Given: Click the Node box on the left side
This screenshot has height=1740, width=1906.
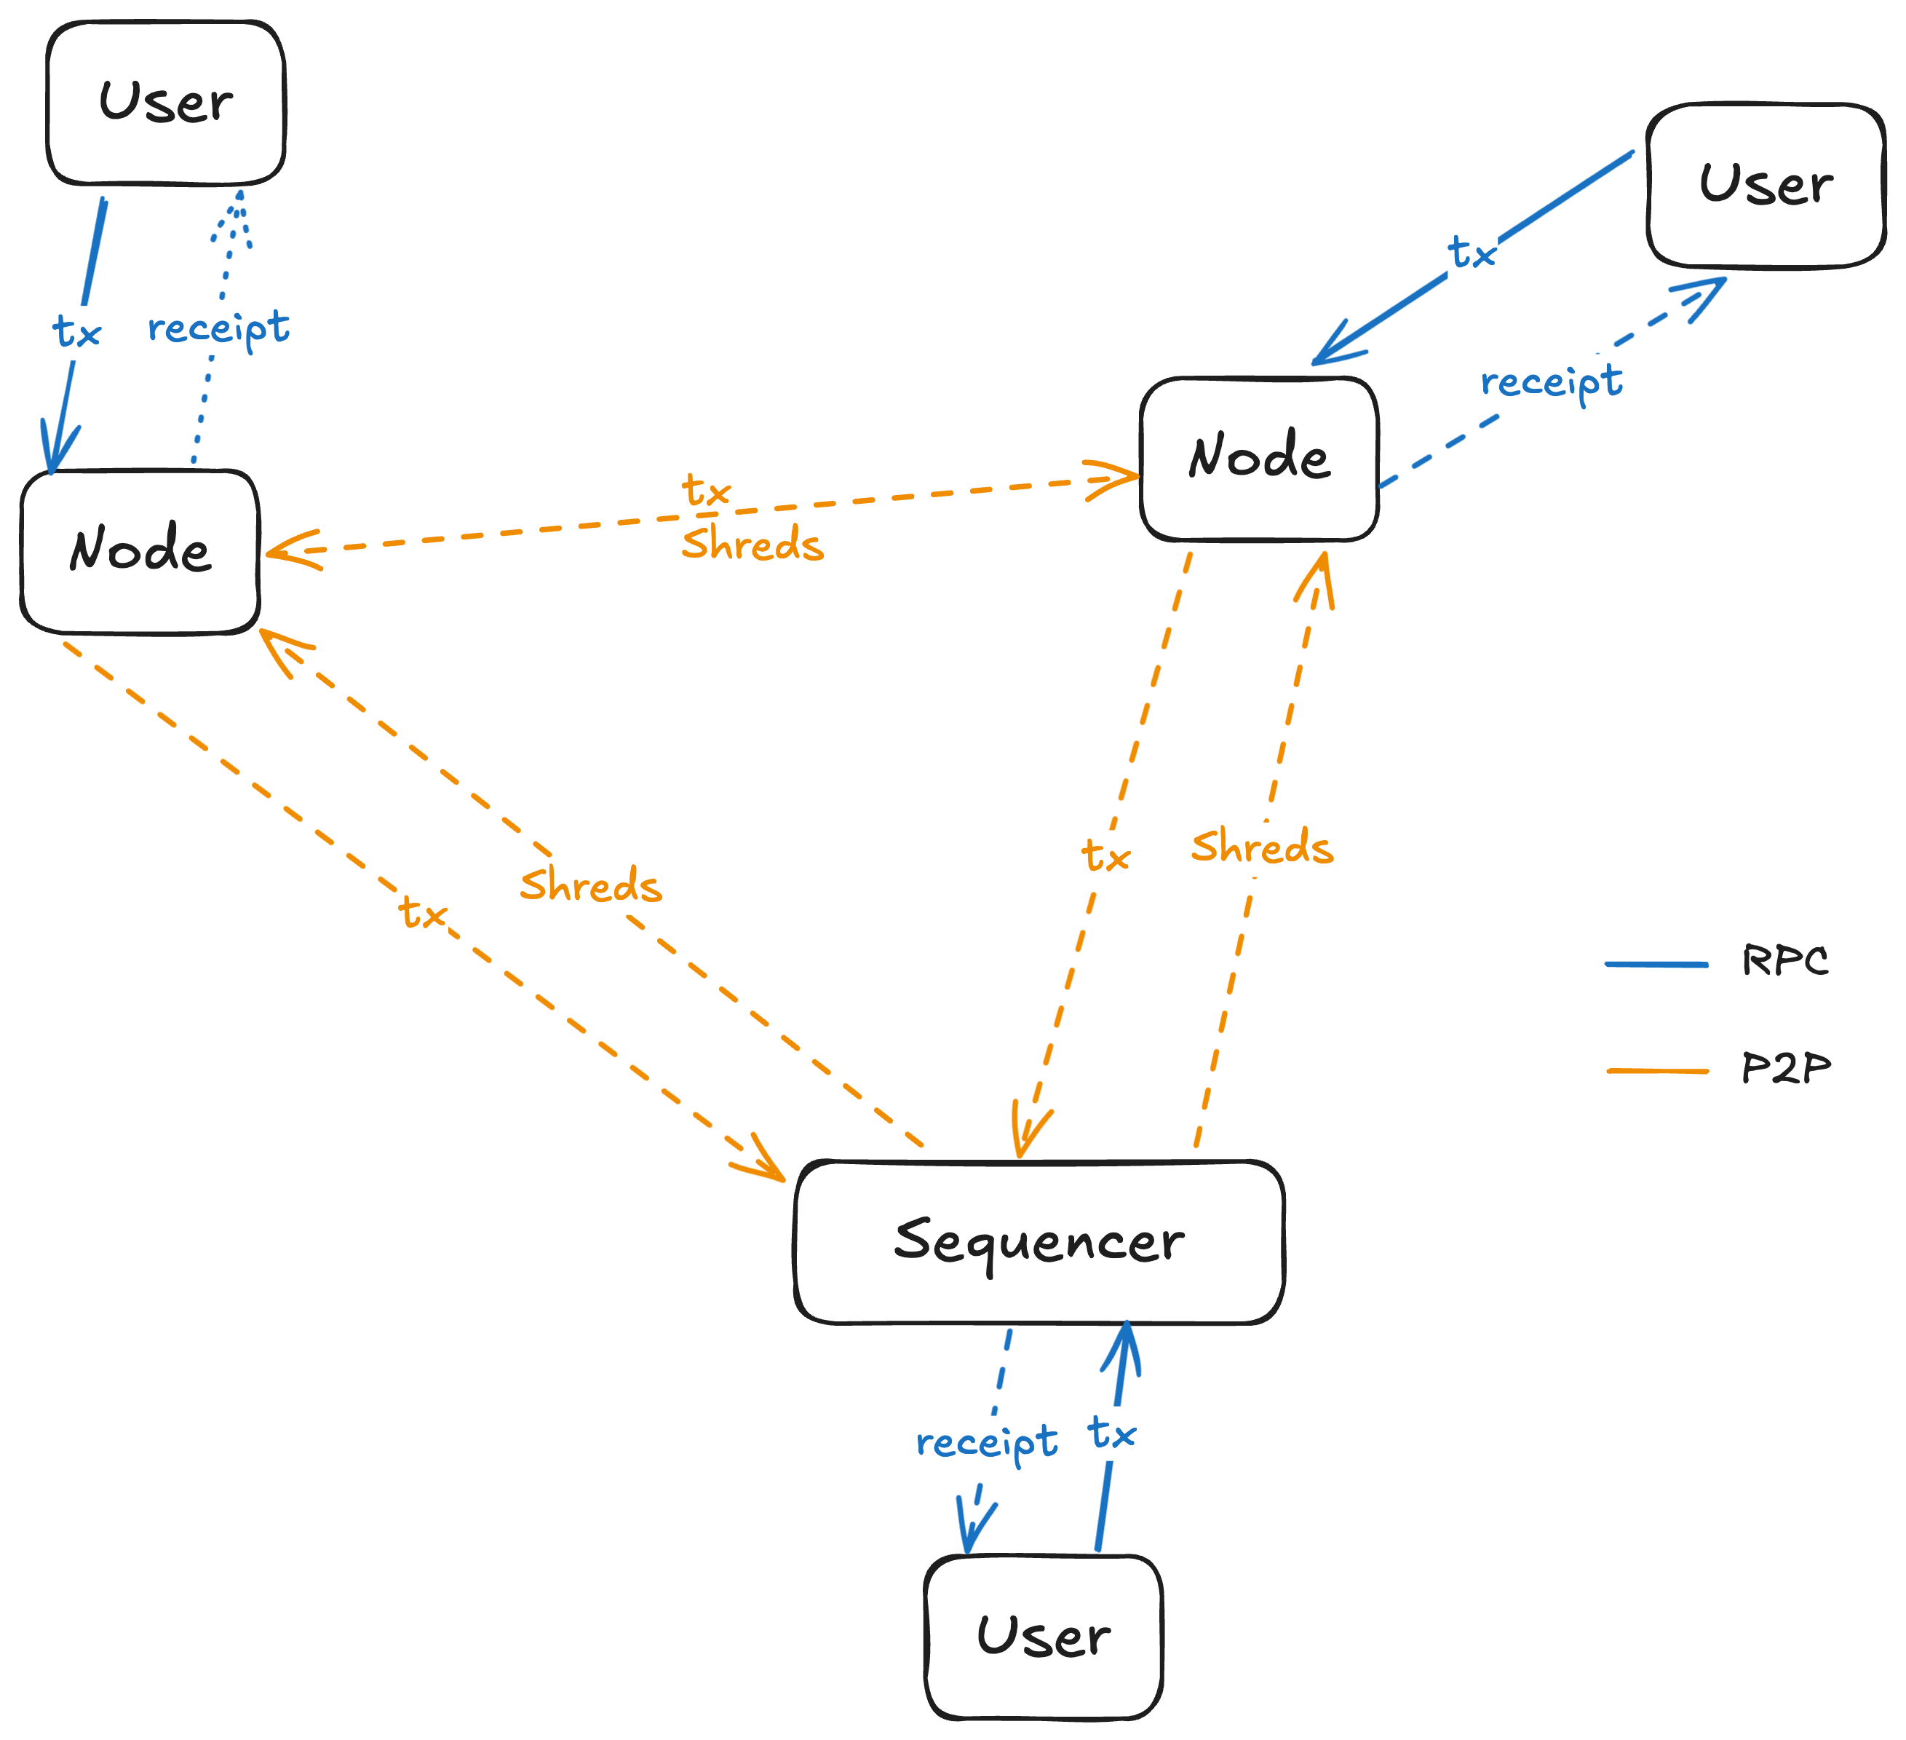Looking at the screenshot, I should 139,550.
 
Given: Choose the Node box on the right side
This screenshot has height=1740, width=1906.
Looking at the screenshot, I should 1258,458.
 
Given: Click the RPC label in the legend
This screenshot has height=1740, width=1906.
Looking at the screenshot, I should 1784,961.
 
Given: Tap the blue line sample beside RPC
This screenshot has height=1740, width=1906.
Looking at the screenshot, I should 1656,965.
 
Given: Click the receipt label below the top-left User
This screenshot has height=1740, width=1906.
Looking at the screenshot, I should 218,329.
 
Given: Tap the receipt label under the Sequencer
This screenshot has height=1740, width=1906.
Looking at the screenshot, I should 987,1443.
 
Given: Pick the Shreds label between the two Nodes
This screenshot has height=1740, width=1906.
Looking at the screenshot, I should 753,545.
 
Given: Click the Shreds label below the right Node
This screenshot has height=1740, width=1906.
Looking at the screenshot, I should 1261,847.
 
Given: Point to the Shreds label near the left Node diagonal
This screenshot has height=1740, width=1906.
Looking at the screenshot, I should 591,886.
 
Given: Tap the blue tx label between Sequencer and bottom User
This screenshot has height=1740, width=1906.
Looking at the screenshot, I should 1112,1433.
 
